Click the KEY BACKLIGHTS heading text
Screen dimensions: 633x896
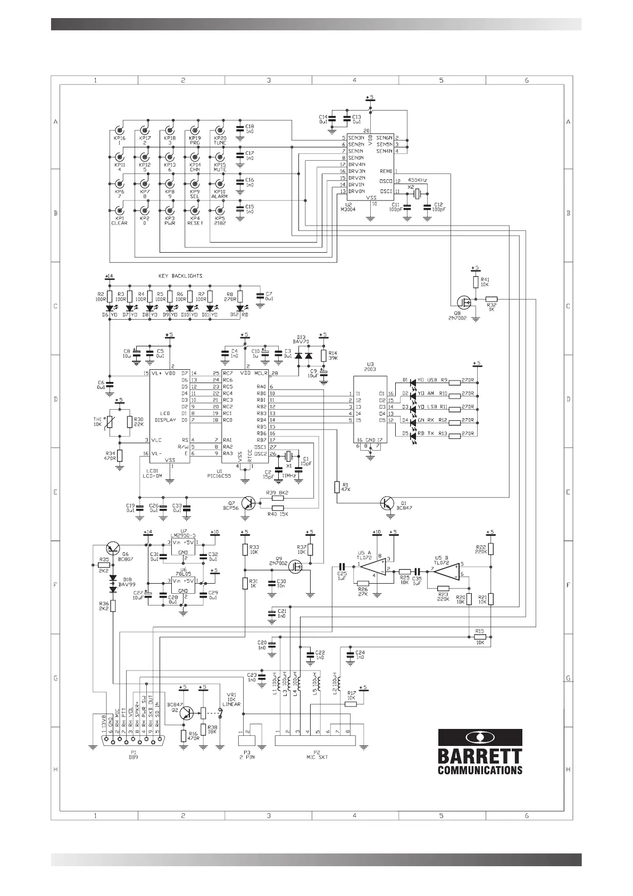click(x=180, y=276)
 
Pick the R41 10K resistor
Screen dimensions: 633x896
click(x=476, y=282)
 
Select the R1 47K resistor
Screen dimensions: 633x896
click(x=336, y=487)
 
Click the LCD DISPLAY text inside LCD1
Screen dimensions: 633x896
click(x=165, y=417)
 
